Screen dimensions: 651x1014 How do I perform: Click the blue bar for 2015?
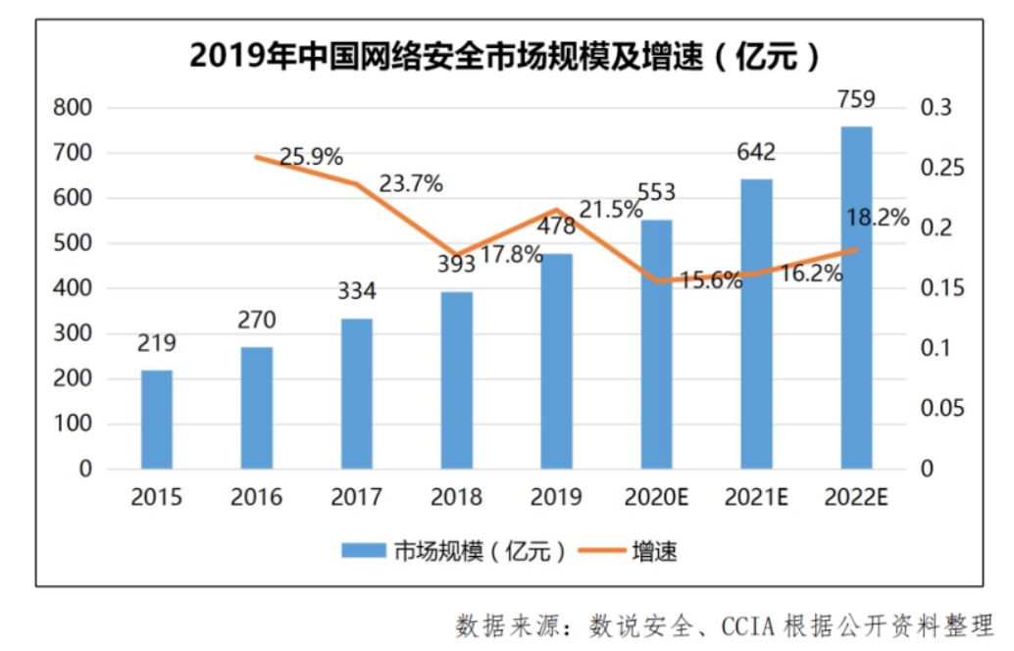(x=157, y=420)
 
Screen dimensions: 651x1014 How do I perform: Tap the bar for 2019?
(x=556, y=361)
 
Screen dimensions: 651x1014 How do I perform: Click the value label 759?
(x=855, y=99)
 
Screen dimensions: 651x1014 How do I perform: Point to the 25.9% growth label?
(x=311, y=156)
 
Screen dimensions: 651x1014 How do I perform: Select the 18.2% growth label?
(x=878, y=218)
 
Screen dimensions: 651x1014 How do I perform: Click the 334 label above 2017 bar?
(x=357, y=291)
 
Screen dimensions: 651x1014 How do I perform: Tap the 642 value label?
(x=756, y=152)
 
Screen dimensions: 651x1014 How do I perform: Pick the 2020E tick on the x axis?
(x=657, y=498)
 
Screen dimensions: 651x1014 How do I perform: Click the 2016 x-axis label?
(x=257, y=498)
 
